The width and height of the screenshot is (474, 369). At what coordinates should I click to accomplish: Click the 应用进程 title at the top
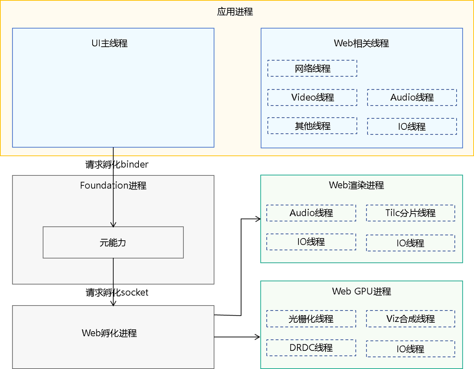[235, 12]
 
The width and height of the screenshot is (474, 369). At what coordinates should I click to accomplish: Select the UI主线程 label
[109, 43]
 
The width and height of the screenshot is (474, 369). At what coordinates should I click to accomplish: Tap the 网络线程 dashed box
[312, 69]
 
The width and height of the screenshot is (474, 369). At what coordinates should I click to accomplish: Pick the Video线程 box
[312, 98]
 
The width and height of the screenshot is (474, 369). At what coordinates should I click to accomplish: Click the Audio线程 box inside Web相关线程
[412, 98]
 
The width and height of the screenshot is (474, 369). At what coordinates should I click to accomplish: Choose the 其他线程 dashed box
[312, 126]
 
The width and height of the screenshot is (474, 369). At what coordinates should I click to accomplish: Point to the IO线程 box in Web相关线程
[412, 126]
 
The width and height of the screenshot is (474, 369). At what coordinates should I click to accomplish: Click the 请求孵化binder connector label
[117, 164]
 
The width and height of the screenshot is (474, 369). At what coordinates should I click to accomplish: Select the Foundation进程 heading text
[113, 185]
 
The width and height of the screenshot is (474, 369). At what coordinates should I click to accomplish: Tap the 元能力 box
[113, 243]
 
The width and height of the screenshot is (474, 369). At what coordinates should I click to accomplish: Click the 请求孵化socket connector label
[117, 292]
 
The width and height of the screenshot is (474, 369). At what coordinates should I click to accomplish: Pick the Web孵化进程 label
[109, 333]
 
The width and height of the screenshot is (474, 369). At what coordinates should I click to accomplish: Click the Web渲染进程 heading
[356, 185]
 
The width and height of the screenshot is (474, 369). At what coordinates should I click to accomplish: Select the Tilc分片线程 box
[410, 213]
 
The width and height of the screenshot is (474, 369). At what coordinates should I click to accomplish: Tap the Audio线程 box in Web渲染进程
[311, 213]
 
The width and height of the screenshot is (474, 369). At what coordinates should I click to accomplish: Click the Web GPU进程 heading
[361, 291]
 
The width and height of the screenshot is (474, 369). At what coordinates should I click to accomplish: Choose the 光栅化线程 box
[311, 319]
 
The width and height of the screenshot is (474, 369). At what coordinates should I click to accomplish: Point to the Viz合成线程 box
[410, 319]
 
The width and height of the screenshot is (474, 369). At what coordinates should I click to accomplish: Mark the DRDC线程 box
[311, 347]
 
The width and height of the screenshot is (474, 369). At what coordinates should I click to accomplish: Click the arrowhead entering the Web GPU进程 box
[258, 337]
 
